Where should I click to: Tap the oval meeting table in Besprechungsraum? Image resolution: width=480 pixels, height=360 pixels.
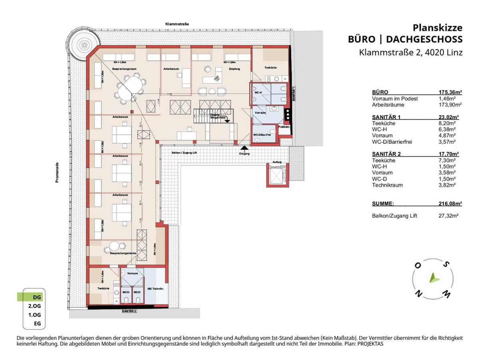coord(129,88)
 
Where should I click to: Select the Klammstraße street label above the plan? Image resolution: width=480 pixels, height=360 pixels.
coord(177,24)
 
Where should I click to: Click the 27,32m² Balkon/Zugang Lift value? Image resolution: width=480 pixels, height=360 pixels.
coord(449,216)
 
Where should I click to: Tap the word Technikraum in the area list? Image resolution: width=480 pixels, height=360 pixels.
coord(387,185)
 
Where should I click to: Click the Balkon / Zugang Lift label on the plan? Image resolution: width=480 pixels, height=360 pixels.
coord(181,153)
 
